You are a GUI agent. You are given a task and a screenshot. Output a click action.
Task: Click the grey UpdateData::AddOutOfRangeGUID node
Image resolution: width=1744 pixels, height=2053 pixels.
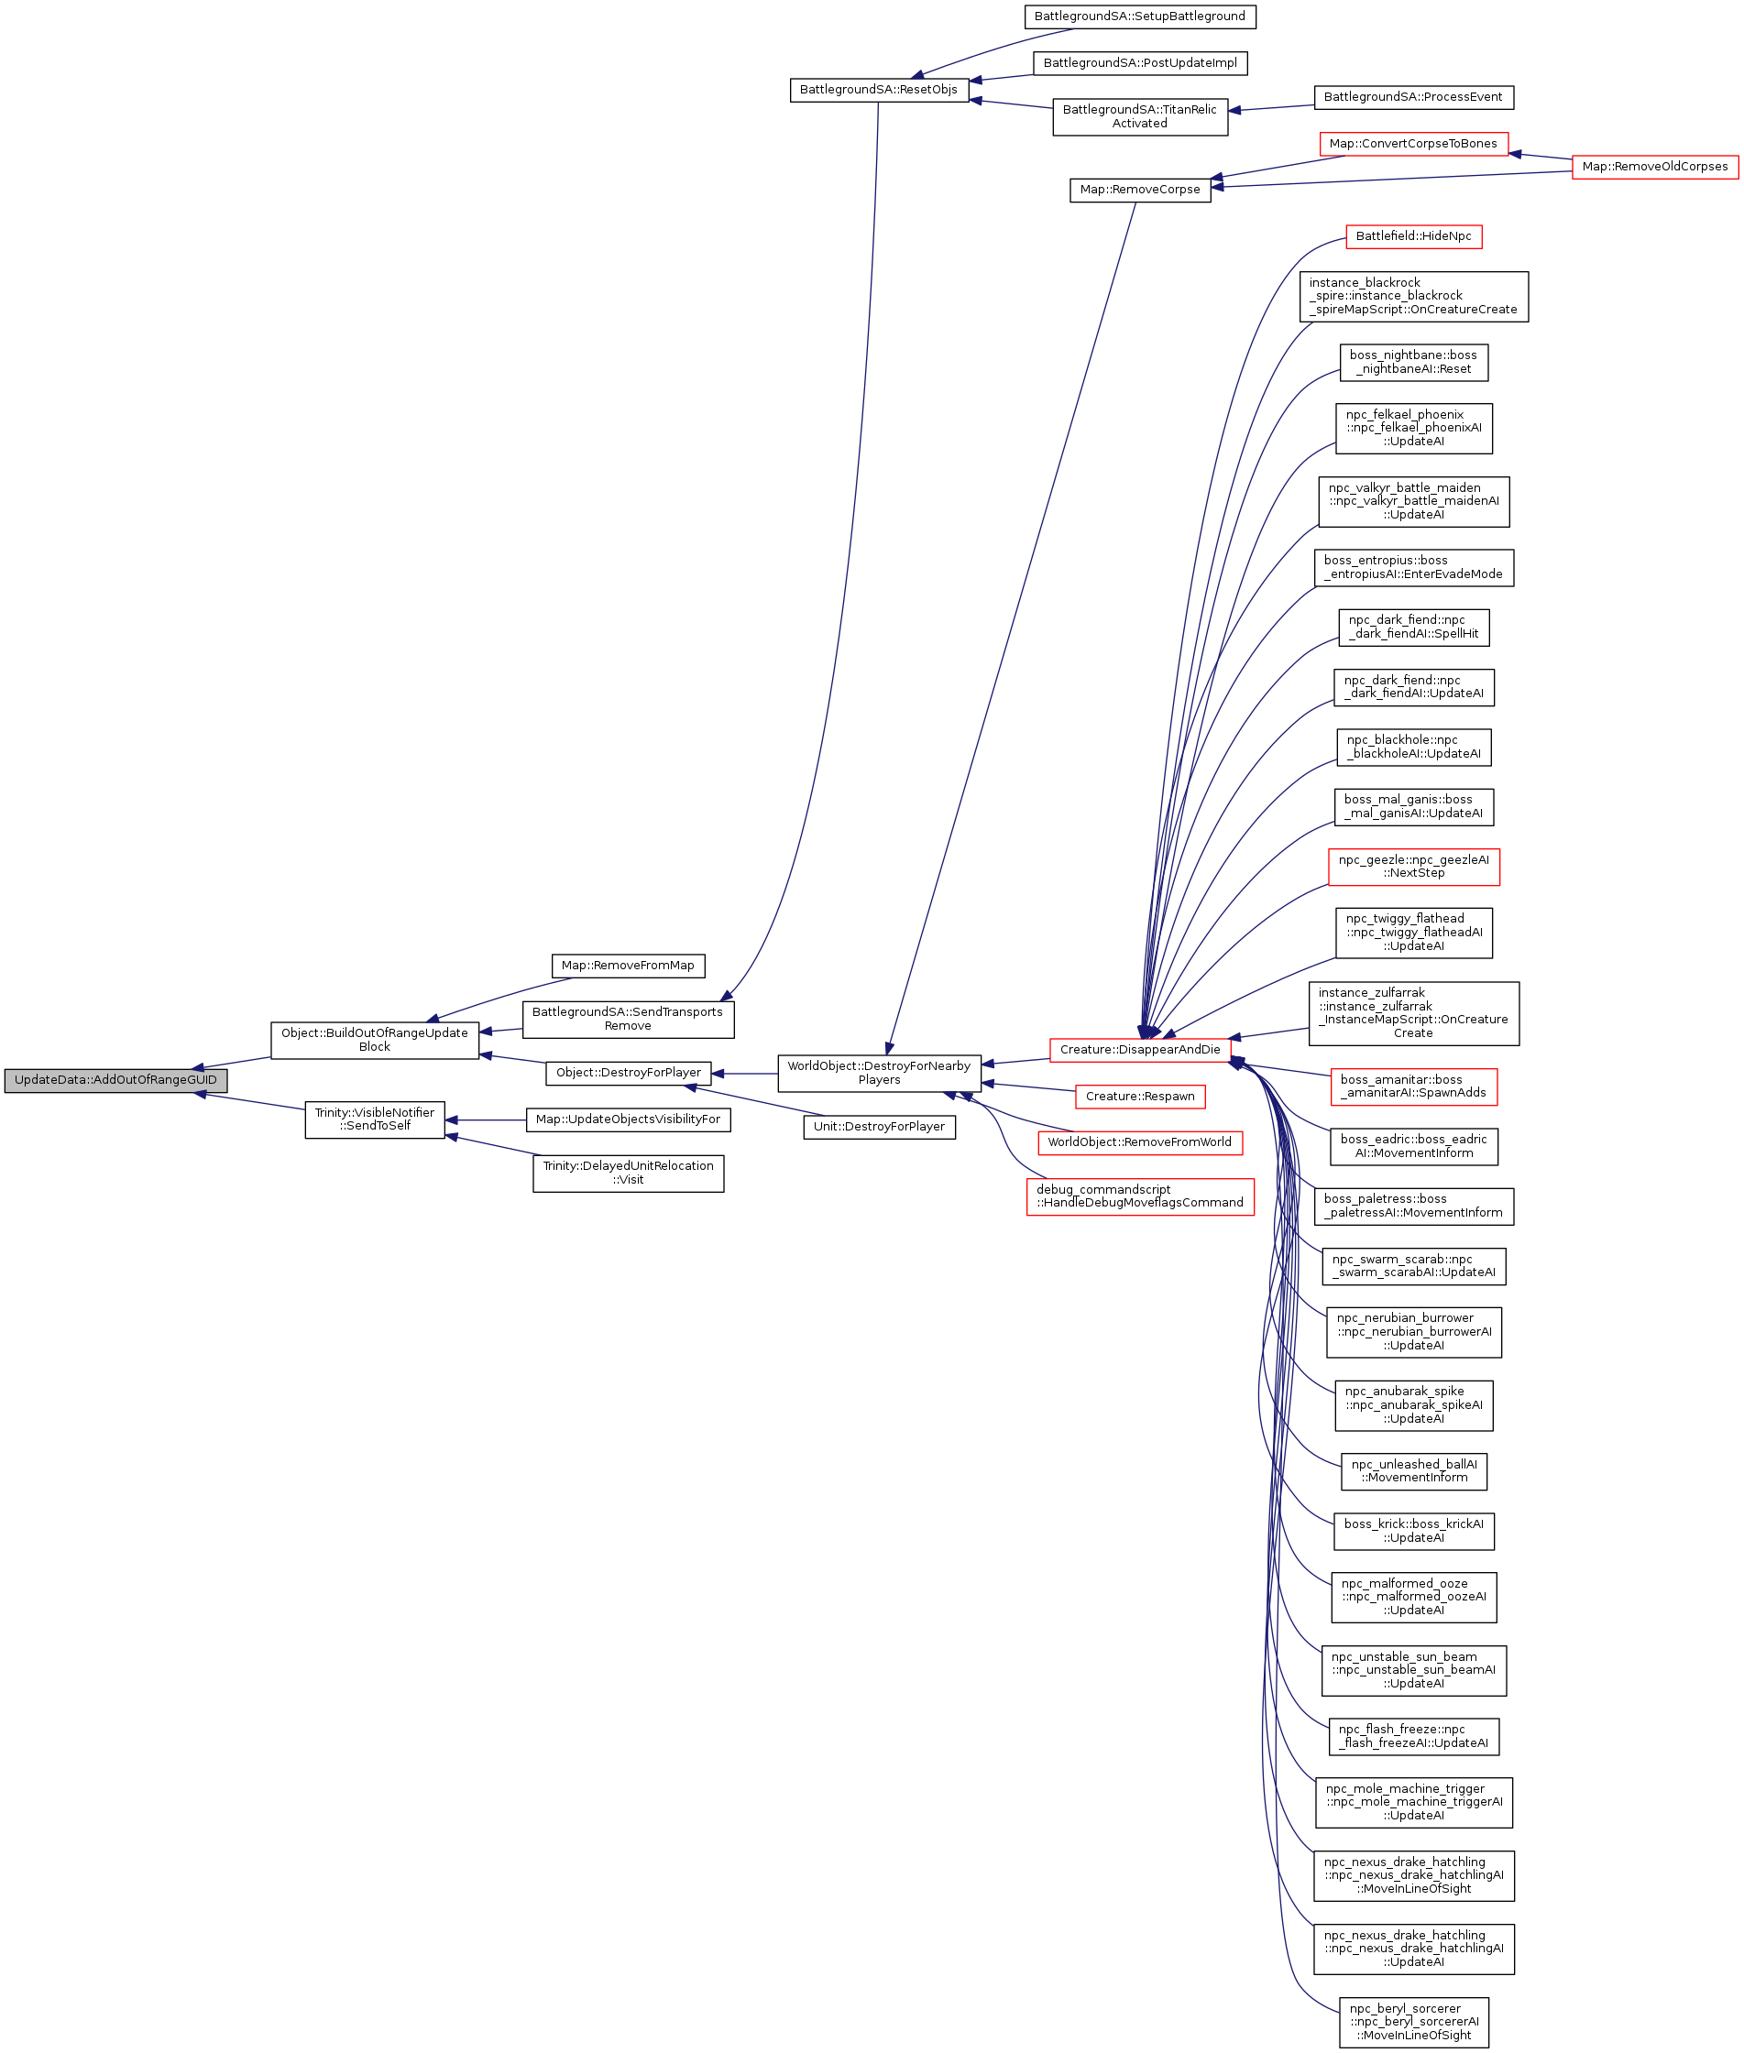click(x=115, y=1079)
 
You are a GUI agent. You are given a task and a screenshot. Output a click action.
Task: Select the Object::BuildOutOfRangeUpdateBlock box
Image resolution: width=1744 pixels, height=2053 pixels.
click(x=375, y=1040)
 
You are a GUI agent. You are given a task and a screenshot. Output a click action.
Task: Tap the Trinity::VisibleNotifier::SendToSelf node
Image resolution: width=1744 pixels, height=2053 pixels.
click(x=375, y=1119)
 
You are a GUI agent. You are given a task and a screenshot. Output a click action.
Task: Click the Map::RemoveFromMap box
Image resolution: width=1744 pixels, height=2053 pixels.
click(x=628, y=965)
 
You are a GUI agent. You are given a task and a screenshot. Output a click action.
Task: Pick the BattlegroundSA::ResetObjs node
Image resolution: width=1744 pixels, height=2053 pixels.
click(x=879, y=89)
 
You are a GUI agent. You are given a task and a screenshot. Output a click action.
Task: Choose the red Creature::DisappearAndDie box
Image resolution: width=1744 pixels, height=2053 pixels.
click(x=1140, y=1049)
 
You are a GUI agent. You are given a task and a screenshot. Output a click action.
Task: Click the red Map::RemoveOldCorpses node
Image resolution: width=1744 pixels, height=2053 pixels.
click(x=1655, y=166)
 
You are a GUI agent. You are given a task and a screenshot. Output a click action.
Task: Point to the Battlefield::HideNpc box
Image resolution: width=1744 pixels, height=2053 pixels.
click(x=1414, y=236)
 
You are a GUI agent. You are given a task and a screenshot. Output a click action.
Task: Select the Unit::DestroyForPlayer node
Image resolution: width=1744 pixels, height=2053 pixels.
click(x=879, y=1126)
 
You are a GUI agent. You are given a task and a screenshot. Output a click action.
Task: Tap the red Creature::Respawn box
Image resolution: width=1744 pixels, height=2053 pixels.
click(x=1140, y=1097)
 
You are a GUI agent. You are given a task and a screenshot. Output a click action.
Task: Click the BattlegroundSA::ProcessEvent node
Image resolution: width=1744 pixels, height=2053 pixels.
click(x=1414, y=97)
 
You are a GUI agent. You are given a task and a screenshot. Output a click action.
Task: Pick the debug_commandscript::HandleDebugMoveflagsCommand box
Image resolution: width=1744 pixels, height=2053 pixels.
click(x=1140, y=1196)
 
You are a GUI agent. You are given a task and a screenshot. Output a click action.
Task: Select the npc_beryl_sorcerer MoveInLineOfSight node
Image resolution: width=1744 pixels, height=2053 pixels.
click(x=1414, y=2021)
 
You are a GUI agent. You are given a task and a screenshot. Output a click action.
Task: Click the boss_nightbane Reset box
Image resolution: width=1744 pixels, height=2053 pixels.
click(x=1414, y=362)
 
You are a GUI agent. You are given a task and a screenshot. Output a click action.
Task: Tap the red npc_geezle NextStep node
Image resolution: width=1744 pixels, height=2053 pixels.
click(x=1414, y=866)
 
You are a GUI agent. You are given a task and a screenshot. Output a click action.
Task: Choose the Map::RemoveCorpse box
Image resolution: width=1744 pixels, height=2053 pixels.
click(x=1140, y=189)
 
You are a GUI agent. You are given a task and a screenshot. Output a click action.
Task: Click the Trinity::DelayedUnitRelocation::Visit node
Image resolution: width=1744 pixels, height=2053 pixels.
click(x=628, y=1173)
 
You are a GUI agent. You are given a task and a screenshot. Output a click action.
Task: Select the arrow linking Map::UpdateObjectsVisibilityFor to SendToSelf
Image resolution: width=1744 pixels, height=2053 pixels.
click(x=486, y=1119)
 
